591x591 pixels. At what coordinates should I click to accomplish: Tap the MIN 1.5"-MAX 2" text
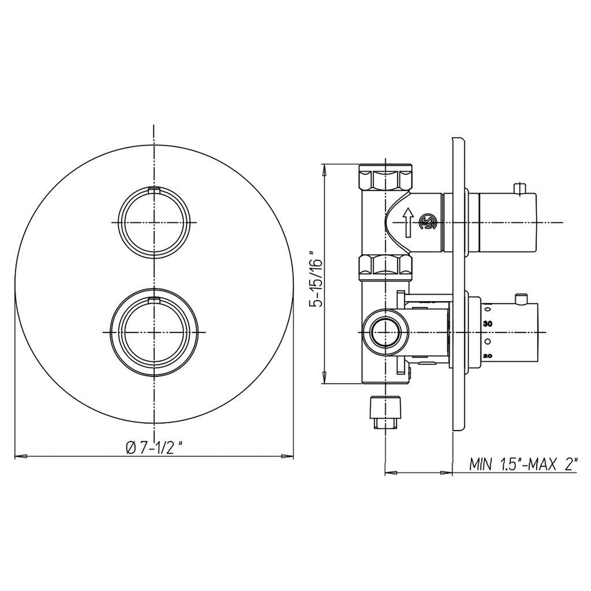click(x=524, y=464)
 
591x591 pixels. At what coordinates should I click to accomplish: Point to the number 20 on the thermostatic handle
click(x=487, y=356)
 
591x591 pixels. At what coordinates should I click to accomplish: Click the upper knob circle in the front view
click(x=154, y=222)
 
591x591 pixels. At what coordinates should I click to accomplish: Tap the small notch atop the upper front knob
click(x=154, y=189)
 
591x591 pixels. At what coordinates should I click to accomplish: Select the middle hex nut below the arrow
click(x=386, y=266)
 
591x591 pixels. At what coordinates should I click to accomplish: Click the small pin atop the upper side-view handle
click(x=520, y=188)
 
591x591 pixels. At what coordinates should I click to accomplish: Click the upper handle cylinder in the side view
click(x=507, y=222)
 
